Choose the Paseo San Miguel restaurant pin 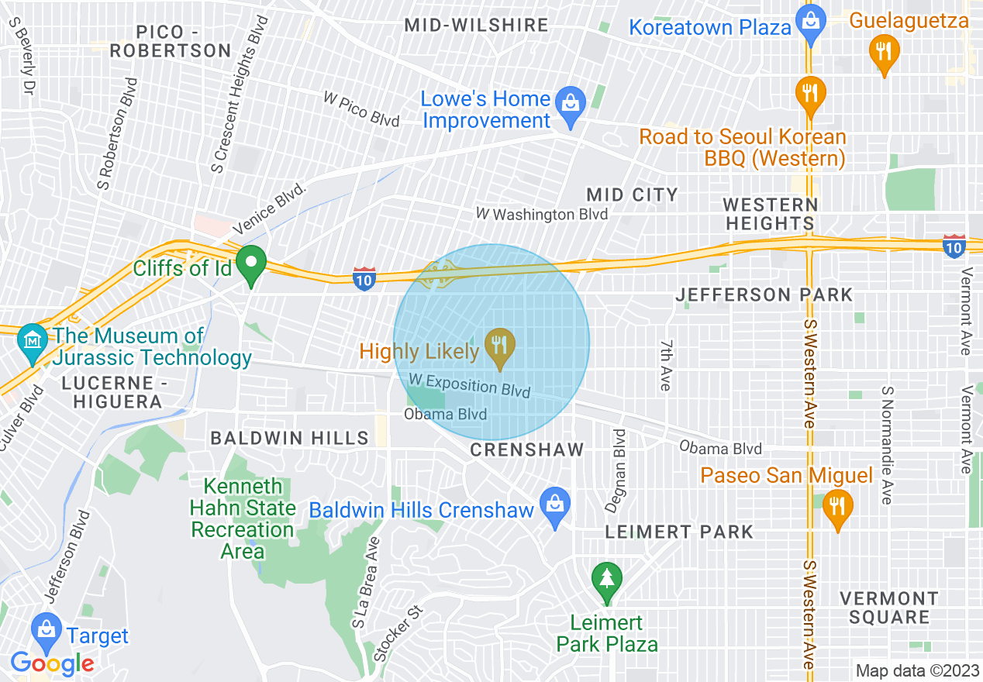pos(836,507)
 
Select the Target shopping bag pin pos(47,629)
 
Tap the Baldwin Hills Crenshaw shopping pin pos(555,505)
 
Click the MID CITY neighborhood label pos(632,195)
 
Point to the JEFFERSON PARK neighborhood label pos(764,294)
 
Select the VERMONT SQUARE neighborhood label pos(889,608)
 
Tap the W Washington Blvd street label pos(541,214)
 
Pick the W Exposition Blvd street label pos(469,384)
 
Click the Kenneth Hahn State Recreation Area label pos(243,518)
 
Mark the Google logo pos(52,663)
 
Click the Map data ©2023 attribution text pos(916,670)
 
